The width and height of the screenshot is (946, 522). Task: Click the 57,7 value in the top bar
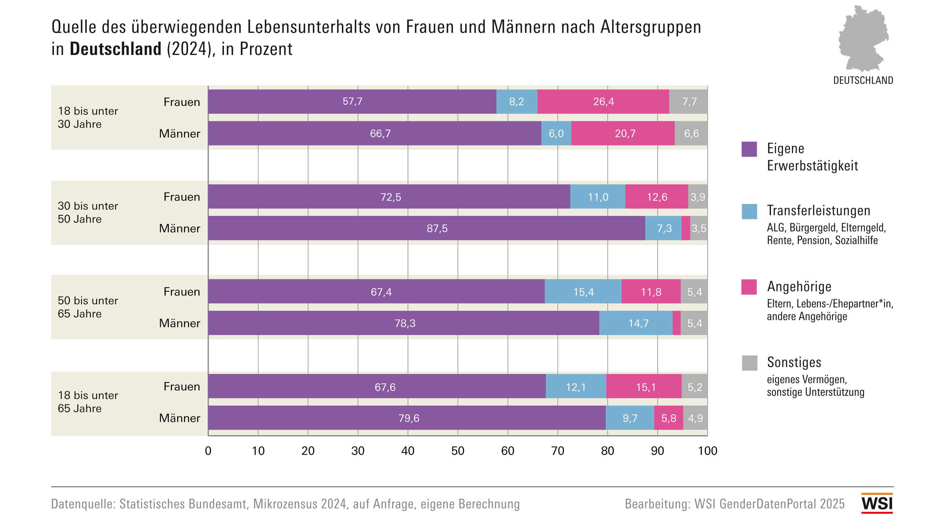[352, 102]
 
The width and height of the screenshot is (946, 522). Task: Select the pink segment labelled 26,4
[603, 102]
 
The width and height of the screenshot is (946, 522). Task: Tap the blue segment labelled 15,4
[583, 292]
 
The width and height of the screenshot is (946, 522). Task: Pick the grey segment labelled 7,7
[688, 102]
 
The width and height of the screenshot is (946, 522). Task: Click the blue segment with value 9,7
[630, 418]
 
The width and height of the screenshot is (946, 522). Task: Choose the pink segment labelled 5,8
[668, 418]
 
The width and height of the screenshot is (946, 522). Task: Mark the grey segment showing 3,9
[697, 197]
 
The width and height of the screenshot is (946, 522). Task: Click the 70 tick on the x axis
[557, 451]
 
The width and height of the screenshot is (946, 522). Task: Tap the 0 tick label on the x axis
[208, 451]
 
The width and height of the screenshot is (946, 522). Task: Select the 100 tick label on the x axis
[707, 451]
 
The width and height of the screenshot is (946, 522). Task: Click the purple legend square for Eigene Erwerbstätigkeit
[749, 149]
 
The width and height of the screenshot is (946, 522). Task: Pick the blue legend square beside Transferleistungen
[749, 212]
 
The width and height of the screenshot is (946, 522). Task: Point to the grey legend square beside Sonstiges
[749, 363]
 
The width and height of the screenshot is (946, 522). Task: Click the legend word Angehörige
[799, 286]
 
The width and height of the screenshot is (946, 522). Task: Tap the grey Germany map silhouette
[863, 38]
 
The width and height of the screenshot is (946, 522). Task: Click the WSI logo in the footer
[877, 503]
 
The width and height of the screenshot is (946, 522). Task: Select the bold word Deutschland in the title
[116, 49]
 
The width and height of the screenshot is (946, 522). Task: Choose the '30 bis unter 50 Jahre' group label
[88, 212]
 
